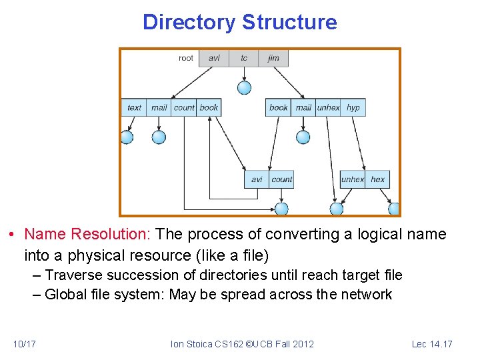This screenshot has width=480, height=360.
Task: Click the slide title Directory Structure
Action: tap(240, 23)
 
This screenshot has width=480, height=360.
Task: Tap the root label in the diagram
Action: tap(186, 58)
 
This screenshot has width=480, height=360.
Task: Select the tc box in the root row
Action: tap(244, 58)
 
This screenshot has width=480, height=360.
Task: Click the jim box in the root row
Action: tap(273, 58)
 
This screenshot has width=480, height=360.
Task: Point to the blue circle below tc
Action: tap(245, 87)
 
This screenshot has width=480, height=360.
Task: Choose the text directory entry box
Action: tap(134, 107)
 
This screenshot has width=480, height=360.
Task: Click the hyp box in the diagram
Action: tap(353, 107)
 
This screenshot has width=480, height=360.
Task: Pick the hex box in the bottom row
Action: tap(377, 179)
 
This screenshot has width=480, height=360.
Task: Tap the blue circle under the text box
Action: tap(127, 137)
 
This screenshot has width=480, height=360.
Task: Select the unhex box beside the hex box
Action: tap(352, 179)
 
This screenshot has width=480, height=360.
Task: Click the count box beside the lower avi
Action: tap(281, 179)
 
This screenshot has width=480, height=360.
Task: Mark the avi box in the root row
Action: tap(214, 58)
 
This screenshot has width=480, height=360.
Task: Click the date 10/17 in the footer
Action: tap(24, 344)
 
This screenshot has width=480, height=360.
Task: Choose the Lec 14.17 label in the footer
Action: tap(432, 344)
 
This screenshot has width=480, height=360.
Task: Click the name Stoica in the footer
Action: tap(203, 344)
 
